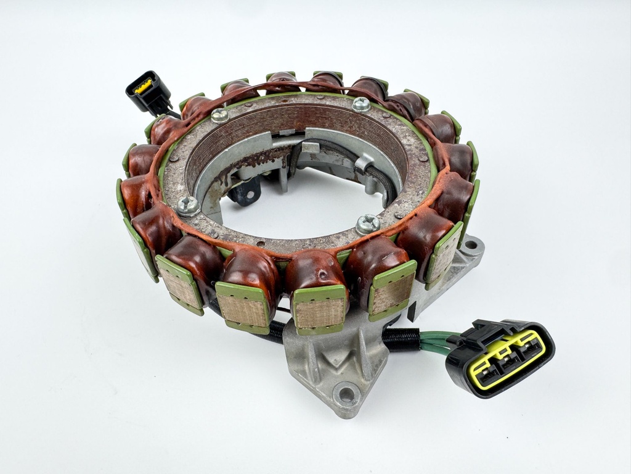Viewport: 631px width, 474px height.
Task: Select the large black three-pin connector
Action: [x=500, y=357]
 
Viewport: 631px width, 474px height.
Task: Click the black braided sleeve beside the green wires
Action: [x=401, y=339]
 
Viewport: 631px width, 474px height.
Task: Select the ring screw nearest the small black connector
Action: [x=219, y=115]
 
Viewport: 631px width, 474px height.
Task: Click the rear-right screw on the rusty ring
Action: [x=362, y=104]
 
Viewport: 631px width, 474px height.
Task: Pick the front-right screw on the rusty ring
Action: [x=368, y=223]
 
